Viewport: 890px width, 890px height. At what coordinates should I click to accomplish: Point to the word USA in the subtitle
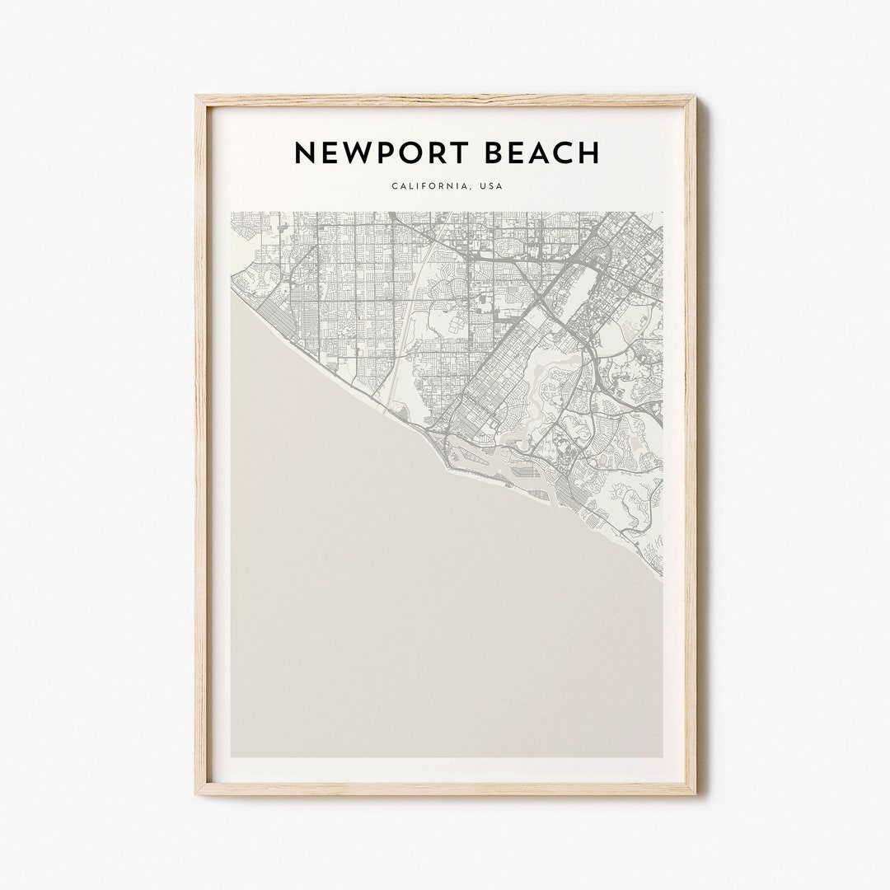pyautogui.click(x=491, y=186)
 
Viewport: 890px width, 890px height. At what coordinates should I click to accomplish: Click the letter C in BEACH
pyautogui.click(x=564, y=152)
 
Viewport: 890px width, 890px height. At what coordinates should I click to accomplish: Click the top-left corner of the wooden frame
pyautogui.click(x=197, y=97)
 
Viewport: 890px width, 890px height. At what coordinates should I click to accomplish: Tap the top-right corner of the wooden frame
pyautogui.click(x=695, y=97)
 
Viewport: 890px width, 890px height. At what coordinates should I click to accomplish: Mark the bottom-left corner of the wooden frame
pyautogui.click(x=197, y=793)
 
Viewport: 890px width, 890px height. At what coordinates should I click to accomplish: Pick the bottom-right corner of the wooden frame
pyautogui.click(x=695, y=793)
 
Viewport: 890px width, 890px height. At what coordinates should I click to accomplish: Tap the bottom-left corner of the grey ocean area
pyautogui.click(x=232, y=756)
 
